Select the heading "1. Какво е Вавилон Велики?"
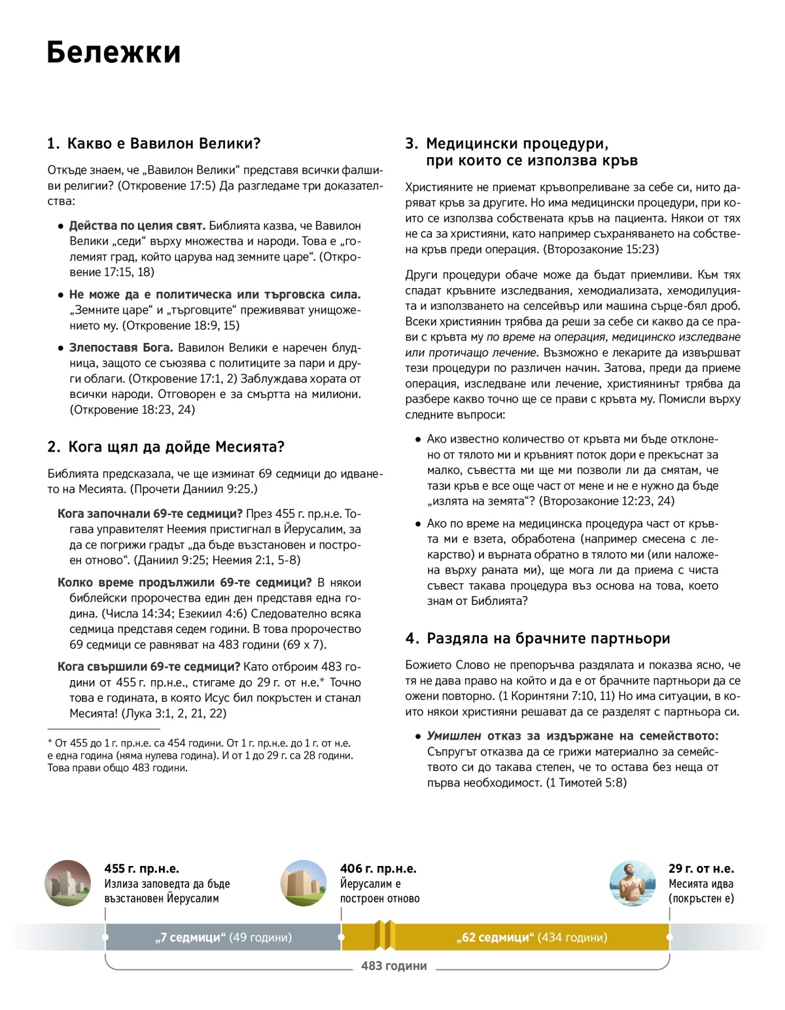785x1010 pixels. coord(154,143)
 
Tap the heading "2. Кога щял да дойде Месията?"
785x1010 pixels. coord(166,447)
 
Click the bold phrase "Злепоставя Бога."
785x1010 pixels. coord(121,348)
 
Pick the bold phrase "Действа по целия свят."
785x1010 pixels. coord(137,226)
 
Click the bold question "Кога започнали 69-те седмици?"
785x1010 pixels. coord(150,514)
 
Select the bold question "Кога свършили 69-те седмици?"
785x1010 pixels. coord(148,667)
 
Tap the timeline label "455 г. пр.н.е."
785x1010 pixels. coord(141,869)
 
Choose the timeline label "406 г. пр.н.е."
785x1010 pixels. coord(378,869)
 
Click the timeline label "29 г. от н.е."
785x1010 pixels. coord(701,869)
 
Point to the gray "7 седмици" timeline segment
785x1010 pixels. coord(223,937)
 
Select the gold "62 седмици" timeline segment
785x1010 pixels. coord(531,937)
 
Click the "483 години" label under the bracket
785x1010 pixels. coord(394,965)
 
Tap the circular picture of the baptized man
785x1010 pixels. coord(633,883)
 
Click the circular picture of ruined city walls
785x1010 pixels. coord(68,883)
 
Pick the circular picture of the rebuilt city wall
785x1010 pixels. coord(304,883)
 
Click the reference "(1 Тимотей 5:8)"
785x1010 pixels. coord(586,782)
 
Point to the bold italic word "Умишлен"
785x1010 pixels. coord(454,736)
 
